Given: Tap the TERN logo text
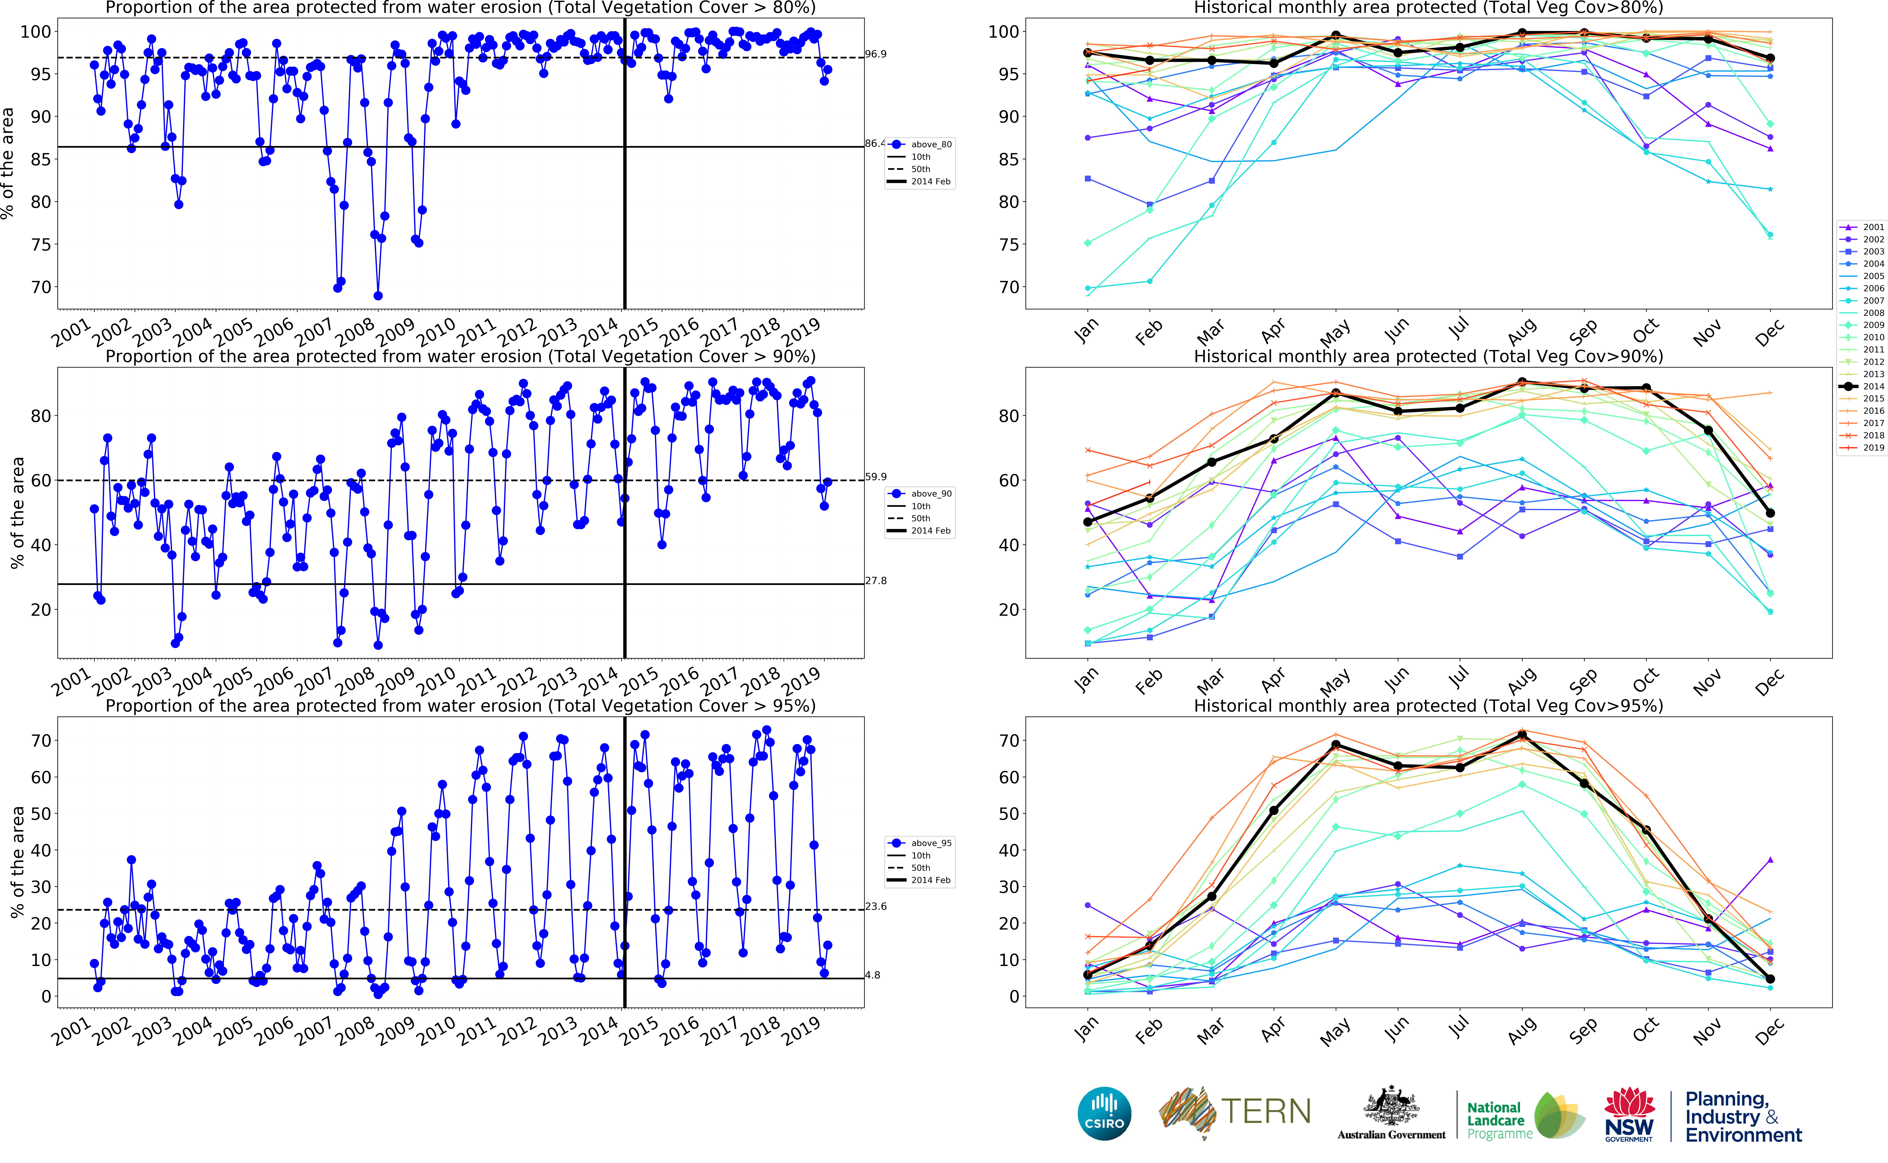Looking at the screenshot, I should (1265, 1111).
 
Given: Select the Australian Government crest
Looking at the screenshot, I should (1390, 1106).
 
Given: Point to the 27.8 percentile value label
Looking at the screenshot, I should (875, 581).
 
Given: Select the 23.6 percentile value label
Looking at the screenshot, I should (875, 906).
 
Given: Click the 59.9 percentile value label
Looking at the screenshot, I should (875, 477).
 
